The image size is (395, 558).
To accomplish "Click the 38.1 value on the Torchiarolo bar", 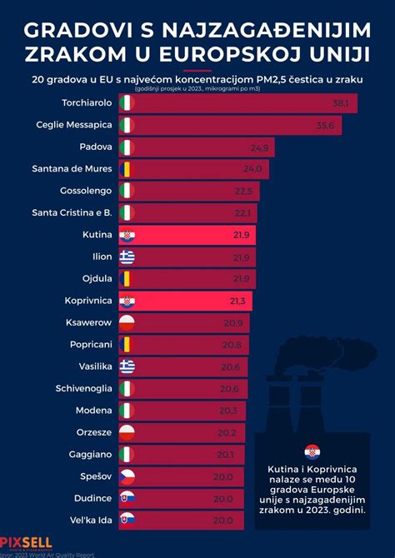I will point(340,104).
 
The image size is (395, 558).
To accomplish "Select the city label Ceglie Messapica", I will point(73,126).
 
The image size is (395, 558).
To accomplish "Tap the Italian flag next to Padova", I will point(127,147).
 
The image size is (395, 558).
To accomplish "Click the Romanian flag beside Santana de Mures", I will point(127,169).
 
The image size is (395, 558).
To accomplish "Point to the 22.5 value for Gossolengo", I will point(243,191).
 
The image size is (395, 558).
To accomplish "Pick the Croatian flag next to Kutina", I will point(127,236).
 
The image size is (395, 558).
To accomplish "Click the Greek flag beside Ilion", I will point(127,257).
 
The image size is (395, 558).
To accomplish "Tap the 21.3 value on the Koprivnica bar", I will point(240,301).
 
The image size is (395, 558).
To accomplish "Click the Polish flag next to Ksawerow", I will point(127,322).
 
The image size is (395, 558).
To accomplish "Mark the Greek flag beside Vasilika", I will point(127,366).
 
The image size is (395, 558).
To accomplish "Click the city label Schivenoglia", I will point(83,388).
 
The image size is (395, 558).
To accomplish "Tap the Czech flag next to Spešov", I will point(127,476).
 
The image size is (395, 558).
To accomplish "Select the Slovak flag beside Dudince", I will point(127,497).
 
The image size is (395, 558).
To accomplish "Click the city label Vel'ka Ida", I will point(89,519).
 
